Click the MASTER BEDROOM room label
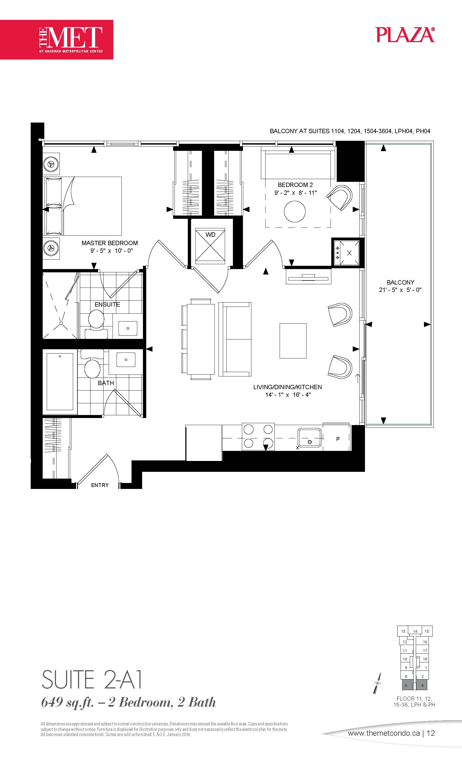(x=110, y=243)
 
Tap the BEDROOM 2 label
(x=295, y=185)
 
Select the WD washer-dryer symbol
(x=210, y=247)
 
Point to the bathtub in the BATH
(x=60, y=382)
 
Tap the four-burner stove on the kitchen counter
(x=258, y=436)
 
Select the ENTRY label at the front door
(x=100, y=485)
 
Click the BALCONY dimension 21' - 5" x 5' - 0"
(x=400, y=290)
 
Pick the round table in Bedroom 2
(x=295, y=211)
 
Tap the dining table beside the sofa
(x=201, y=339)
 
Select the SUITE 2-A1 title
(x=92, y=679)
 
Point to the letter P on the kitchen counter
(x=338, y=439)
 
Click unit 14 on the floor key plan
(x=415, y=631)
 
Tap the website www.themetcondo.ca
(x=384, y=733)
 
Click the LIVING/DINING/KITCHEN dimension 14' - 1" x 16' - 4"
(x=288, y=395)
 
